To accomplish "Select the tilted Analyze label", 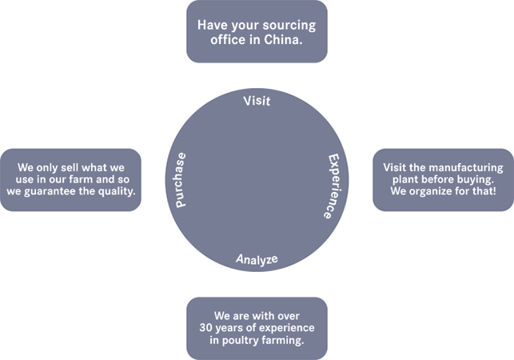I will click(257, 259).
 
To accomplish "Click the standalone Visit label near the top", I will click(257, 101).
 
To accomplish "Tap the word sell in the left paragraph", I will click(63, 167).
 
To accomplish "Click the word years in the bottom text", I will click(234, 328).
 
